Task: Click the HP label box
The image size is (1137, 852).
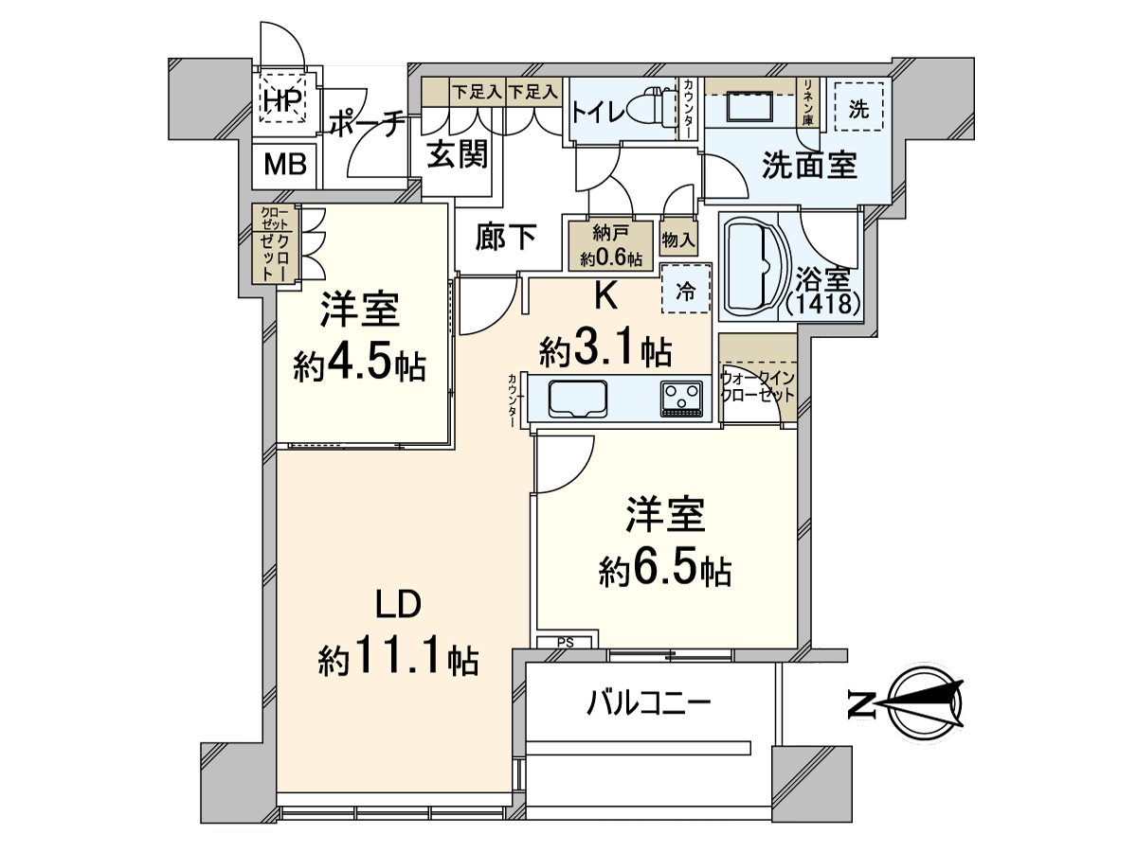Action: (x=281, y=98)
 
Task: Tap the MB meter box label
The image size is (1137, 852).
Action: (x=285, y=165)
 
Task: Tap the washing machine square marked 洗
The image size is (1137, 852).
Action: (x=858, y=108)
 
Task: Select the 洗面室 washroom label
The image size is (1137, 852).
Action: (x=810, y=166)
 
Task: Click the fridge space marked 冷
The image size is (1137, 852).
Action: (x=685, y=293)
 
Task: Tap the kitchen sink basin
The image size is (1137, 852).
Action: (x=578, y=398)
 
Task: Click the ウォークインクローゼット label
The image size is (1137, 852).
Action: (x=757, y=386)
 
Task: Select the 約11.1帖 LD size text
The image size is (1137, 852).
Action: (x=397, y=656)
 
